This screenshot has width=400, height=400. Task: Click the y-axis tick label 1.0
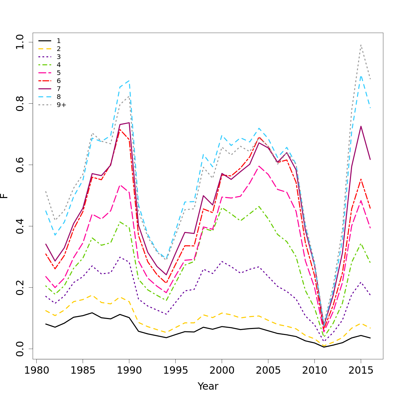point(20,42)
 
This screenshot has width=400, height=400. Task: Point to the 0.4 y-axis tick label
point(20,226)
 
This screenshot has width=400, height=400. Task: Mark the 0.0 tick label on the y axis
point(20,349)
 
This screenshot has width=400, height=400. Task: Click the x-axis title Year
point(208,386)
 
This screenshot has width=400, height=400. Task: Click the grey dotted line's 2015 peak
point(361,45)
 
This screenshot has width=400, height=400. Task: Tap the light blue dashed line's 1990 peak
point(129,80)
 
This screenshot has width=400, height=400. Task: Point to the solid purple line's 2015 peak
point(361,126)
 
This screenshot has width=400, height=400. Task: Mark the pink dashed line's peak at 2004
point(259,166)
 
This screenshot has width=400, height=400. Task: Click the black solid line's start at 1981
point(46,324)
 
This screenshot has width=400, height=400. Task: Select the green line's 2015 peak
point(361,244)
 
